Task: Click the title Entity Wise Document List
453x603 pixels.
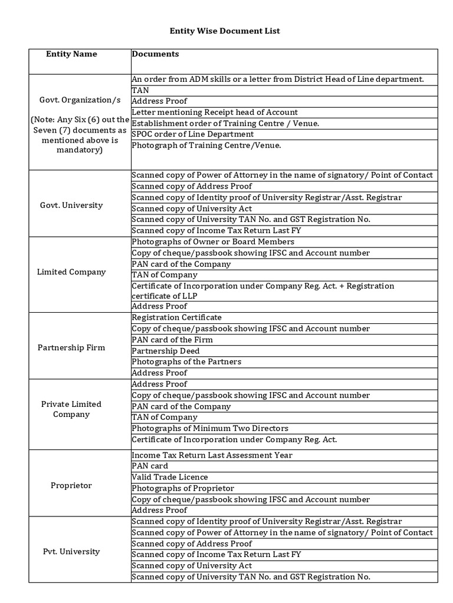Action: point(225,31)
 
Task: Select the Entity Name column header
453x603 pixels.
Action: point(72,54)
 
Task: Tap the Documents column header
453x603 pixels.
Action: point(156,54)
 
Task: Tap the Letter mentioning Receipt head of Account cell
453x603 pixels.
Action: point(215,112)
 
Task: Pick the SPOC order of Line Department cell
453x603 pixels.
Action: point(193,134)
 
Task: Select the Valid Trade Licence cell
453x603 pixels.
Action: point(170,477)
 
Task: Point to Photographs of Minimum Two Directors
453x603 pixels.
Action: point(210,429)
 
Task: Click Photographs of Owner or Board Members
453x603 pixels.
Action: point(213,242)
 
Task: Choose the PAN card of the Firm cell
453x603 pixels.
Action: point(172,340)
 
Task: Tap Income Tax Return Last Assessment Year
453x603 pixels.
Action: point(212,455)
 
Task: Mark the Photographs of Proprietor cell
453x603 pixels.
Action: point(183,488)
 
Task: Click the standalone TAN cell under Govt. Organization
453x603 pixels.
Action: point(140,91)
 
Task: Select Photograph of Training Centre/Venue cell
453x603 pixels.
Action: point(206,145)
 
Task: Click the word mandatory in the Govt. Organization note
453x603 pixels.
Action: point(79,150)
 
